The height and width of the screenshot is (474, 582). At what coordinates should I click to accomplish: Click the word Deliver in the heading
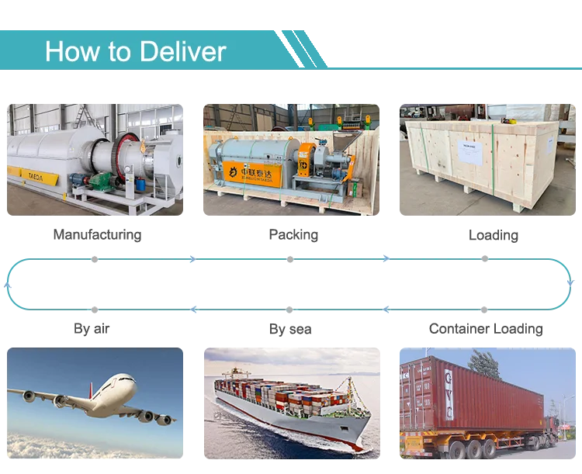[x=183, y=51]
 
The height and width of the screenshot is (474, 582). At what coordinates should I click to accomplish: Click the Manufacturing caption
[x=97, y=234]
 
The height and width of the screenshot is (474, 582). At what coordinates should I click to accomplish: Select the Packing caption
[x=293, y=234]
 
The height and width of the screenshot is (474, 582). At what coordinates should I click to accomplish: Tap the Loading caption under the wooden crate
[x=494, y=235]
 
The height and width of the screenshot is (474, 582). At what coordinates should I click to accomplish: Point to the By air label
[x=92, y=328]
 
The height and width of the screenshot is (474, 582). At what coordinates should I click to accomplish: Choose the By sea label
[x=290, y=329]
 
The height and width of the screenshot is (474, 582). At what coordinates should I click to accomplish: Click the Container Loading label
[x=486, y=329]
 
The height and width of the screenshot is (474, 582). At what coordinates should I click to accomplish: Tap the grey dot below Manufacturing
[x=95, y=259]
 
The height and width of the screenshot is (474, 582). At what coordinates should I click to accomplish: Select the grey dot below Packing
[x=290, y=259]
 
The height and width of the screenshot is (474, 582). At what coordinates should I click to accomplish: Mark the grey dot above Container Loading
[x=484, y=310]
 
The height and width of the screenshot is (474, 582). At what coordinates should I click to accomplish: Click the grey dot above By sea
[x=289, y=310]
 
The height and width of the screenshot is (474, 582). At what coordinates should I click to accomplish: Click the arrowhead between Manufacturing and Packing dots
[x=192, y=259]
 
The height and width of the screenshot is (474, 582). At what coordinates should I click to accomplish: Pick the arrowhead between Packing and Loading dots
[x=386, y=258]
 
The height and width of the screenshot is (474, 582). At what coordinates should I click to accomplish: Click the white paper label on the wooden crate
[x=470, y=153]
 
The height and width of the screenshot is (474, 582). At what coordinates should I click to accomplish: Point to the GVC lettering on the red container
[x=449, y=394]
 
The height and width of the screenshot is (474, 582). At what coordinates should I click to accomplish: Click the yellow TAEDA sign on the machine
[x=40, y=177]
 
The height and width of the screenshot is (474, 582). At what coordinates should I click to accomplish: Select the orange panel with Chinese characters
[x=253, y=174]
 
